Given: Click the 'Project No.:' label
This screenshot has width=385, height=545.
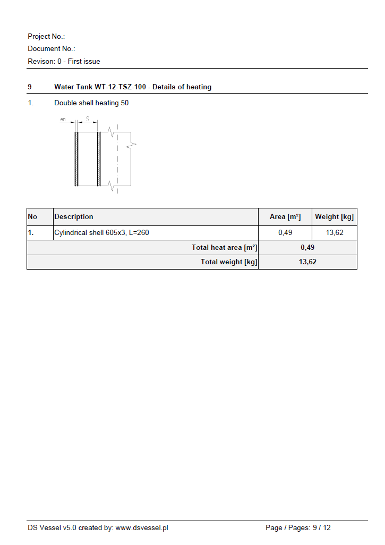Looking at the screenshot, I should click(x=46, y=37).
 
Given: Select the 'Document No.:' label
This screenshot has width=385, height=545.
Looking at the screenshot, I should click(x=52, y=49).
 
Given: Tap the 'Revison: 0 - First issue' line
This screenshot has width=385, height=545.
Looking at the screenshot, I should click(x=64, y=62).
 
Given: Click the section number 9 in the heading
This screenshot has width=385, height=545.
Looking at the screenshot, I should click(x=30, y=87).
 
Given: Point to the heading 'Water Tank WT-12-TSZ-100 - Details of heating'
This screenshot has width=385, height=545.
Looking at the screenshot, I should click(x=133, y=87).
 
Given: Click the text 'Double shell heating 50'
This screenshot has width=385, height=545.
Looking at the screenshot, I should click(x=91, y=103).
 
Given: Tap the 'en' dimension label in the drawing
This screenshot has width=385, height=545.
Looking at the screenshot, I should click(x=63, y=120).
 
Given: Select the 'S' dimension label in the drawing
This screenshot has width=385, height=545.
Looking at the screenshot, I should click(x=88, y=120).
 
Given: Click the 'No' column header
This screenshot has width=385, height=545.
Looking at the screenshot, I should click(x=32, y=217).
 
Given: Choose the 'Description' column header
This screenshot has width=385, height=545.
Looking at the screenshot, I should click(x=74, y=217).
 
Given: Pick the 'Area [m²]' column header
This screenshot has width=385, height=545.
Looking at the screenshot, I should click(x=285, y=217).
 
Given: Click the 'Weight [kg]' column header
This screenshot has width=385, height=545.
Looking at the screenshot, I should click(x=334, y=217).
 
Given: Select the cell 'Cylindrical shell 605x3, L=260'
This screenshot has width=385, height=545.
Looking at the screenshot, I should click(x=105, y=233).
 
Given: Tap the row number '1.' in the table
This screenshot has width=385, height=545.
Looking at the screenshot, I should click(x=31, y=233).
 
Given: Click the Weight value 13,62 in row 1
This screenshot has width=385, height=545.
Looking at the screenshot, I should click(x=335, y=233).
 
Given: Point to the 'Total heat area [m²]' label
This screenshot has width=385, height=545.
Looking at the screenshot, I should click(x=224, y=248).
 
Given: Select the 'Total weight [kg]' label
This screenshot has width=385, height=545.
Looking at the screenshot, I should click(x=229, y=262).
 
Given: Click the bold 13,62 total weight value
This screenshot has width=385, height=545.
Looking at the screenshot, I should click(x=307, y=262).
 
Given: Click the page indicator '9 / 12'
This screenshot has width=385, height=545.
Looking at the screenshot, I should click(x=321, y=528).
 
